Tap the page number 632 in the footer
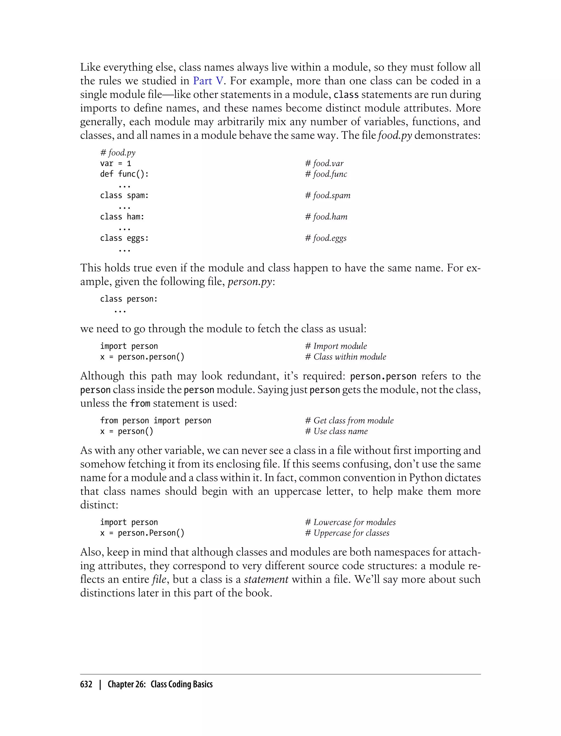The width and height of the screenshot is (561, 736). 86,684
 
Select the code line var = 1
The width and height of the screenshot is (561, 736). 116,163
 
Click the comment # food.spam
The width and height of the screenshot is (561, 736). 328,195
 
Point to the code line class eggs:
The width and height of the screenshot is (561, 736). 124,238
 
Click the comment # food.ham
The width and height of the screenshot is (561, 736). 326,217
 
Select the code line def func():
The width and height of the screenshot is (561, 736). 124,174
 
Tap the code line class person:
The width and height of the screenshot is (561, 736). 128,299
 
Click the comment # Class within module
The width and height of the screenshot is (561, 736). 345,357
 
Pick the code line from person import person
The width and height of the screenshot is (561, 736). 156,421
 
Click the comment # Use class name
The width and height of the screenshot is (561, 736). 336,431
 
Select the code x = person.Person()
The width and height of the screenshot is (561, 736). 142,533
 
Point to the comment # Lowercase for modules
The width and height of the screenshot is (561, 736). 350,522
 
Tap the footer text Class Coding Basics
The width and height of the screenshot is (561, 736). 181,684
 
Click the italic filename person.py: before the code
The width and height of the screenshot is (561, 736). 251,282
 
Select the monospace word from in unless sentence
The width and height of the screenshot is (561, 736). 140,404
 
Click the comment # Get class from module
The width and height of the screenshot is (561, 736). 349,421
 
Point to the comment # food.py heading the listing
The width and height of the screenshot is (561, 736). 118,153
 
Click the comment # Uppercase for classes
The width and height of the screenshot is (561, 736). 347,533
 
